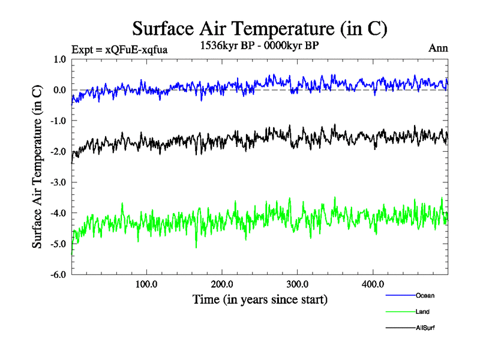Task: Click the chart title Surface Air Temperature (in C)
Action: [x=259, y=29]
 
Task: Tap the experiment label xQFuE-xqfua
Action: [x=119, y=49]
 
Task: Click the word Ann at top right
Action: [x=438, y=48]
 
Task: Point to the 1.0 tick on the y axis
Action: [x=59, y=59]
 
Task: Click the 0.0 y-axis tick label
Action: [x=59, y=90]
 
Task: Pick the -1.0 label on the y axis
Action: [x=58, y=121]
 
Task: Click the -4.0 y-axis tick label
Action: [x=58, y=213]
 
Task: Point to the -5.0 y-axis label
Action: [x=58, y=244]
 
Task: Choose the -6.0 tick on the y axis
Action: [x=58, y=275]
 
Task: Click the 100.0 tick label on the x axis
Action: [x=147, y=284]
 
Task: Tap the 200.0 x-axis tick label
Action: [x=223, y=284]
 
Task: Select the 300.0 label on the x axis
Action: [x=298, y=284]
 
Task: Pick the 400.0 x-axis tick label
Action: [x=373, y=284]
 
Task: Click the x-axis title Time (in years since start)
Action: [x=260, y=299]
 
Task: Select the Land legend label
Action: [x=422, y=311]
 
